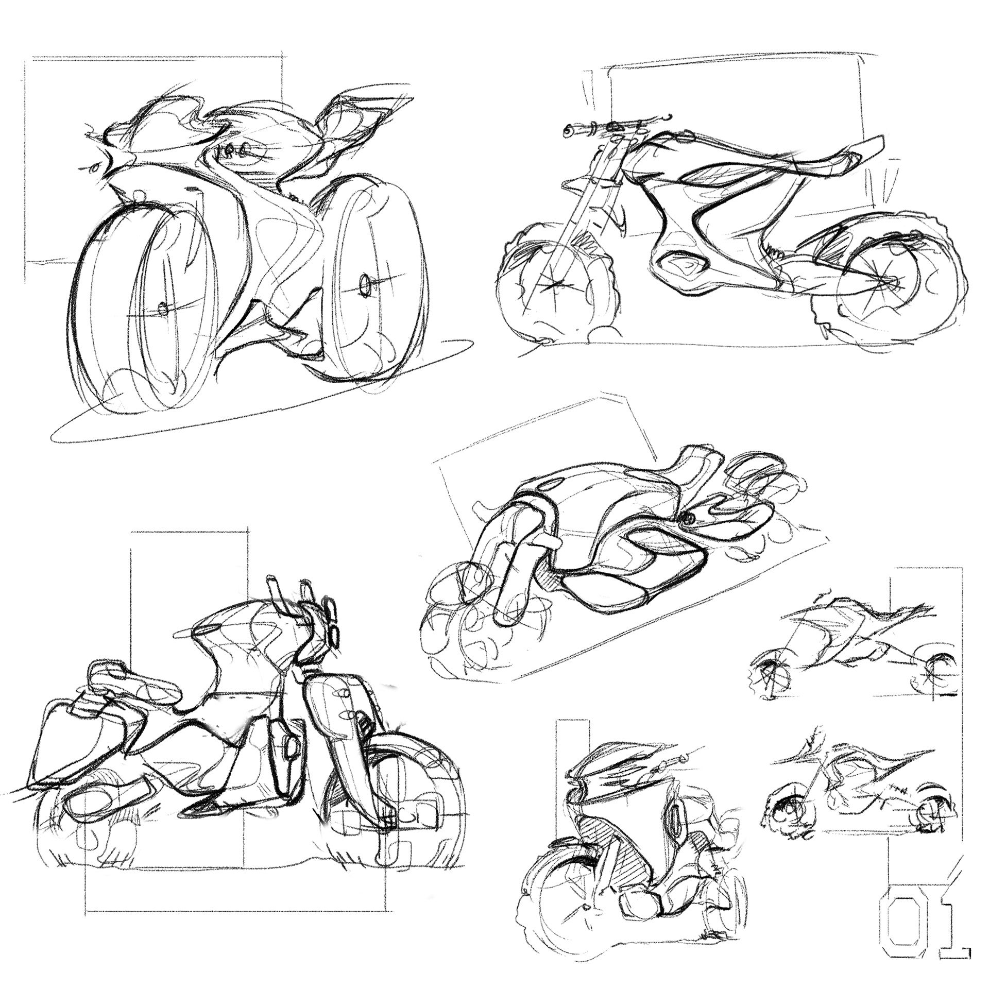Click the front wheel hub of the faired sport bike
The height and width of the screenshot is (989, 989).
[x=164, y=309]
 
